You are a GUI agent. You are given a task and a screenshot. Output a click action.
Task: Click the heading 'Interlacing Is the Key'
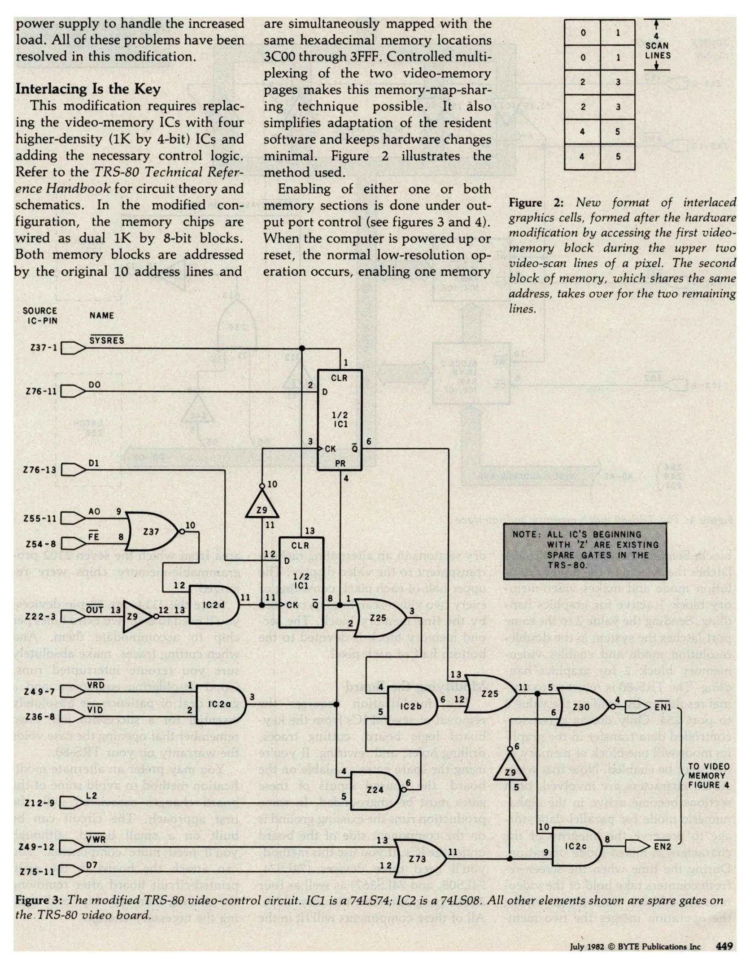[x=88, y=89]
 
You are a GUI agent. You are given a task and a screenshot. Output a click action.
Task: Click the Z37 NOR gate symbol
[x=151, y=532]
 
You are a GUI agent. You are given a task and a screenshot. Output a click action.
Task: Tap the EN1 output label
[x=663, y=707]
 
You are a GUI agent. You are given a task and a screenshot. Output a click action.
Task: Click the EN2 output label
[x=663, y=846]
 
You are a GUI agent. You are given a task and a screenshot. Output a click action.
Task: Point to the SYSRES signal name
[x=106, y=340]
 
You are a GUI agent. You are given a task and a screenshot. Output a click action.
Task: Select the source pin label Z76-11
[x=41, y=391]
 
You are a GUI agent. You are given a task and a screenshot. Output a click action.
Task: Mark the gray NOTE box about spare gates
[x=585, y=551]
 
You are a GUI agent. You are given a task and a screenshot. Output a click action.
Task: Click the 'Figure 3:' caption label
[x=39, y=900]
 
